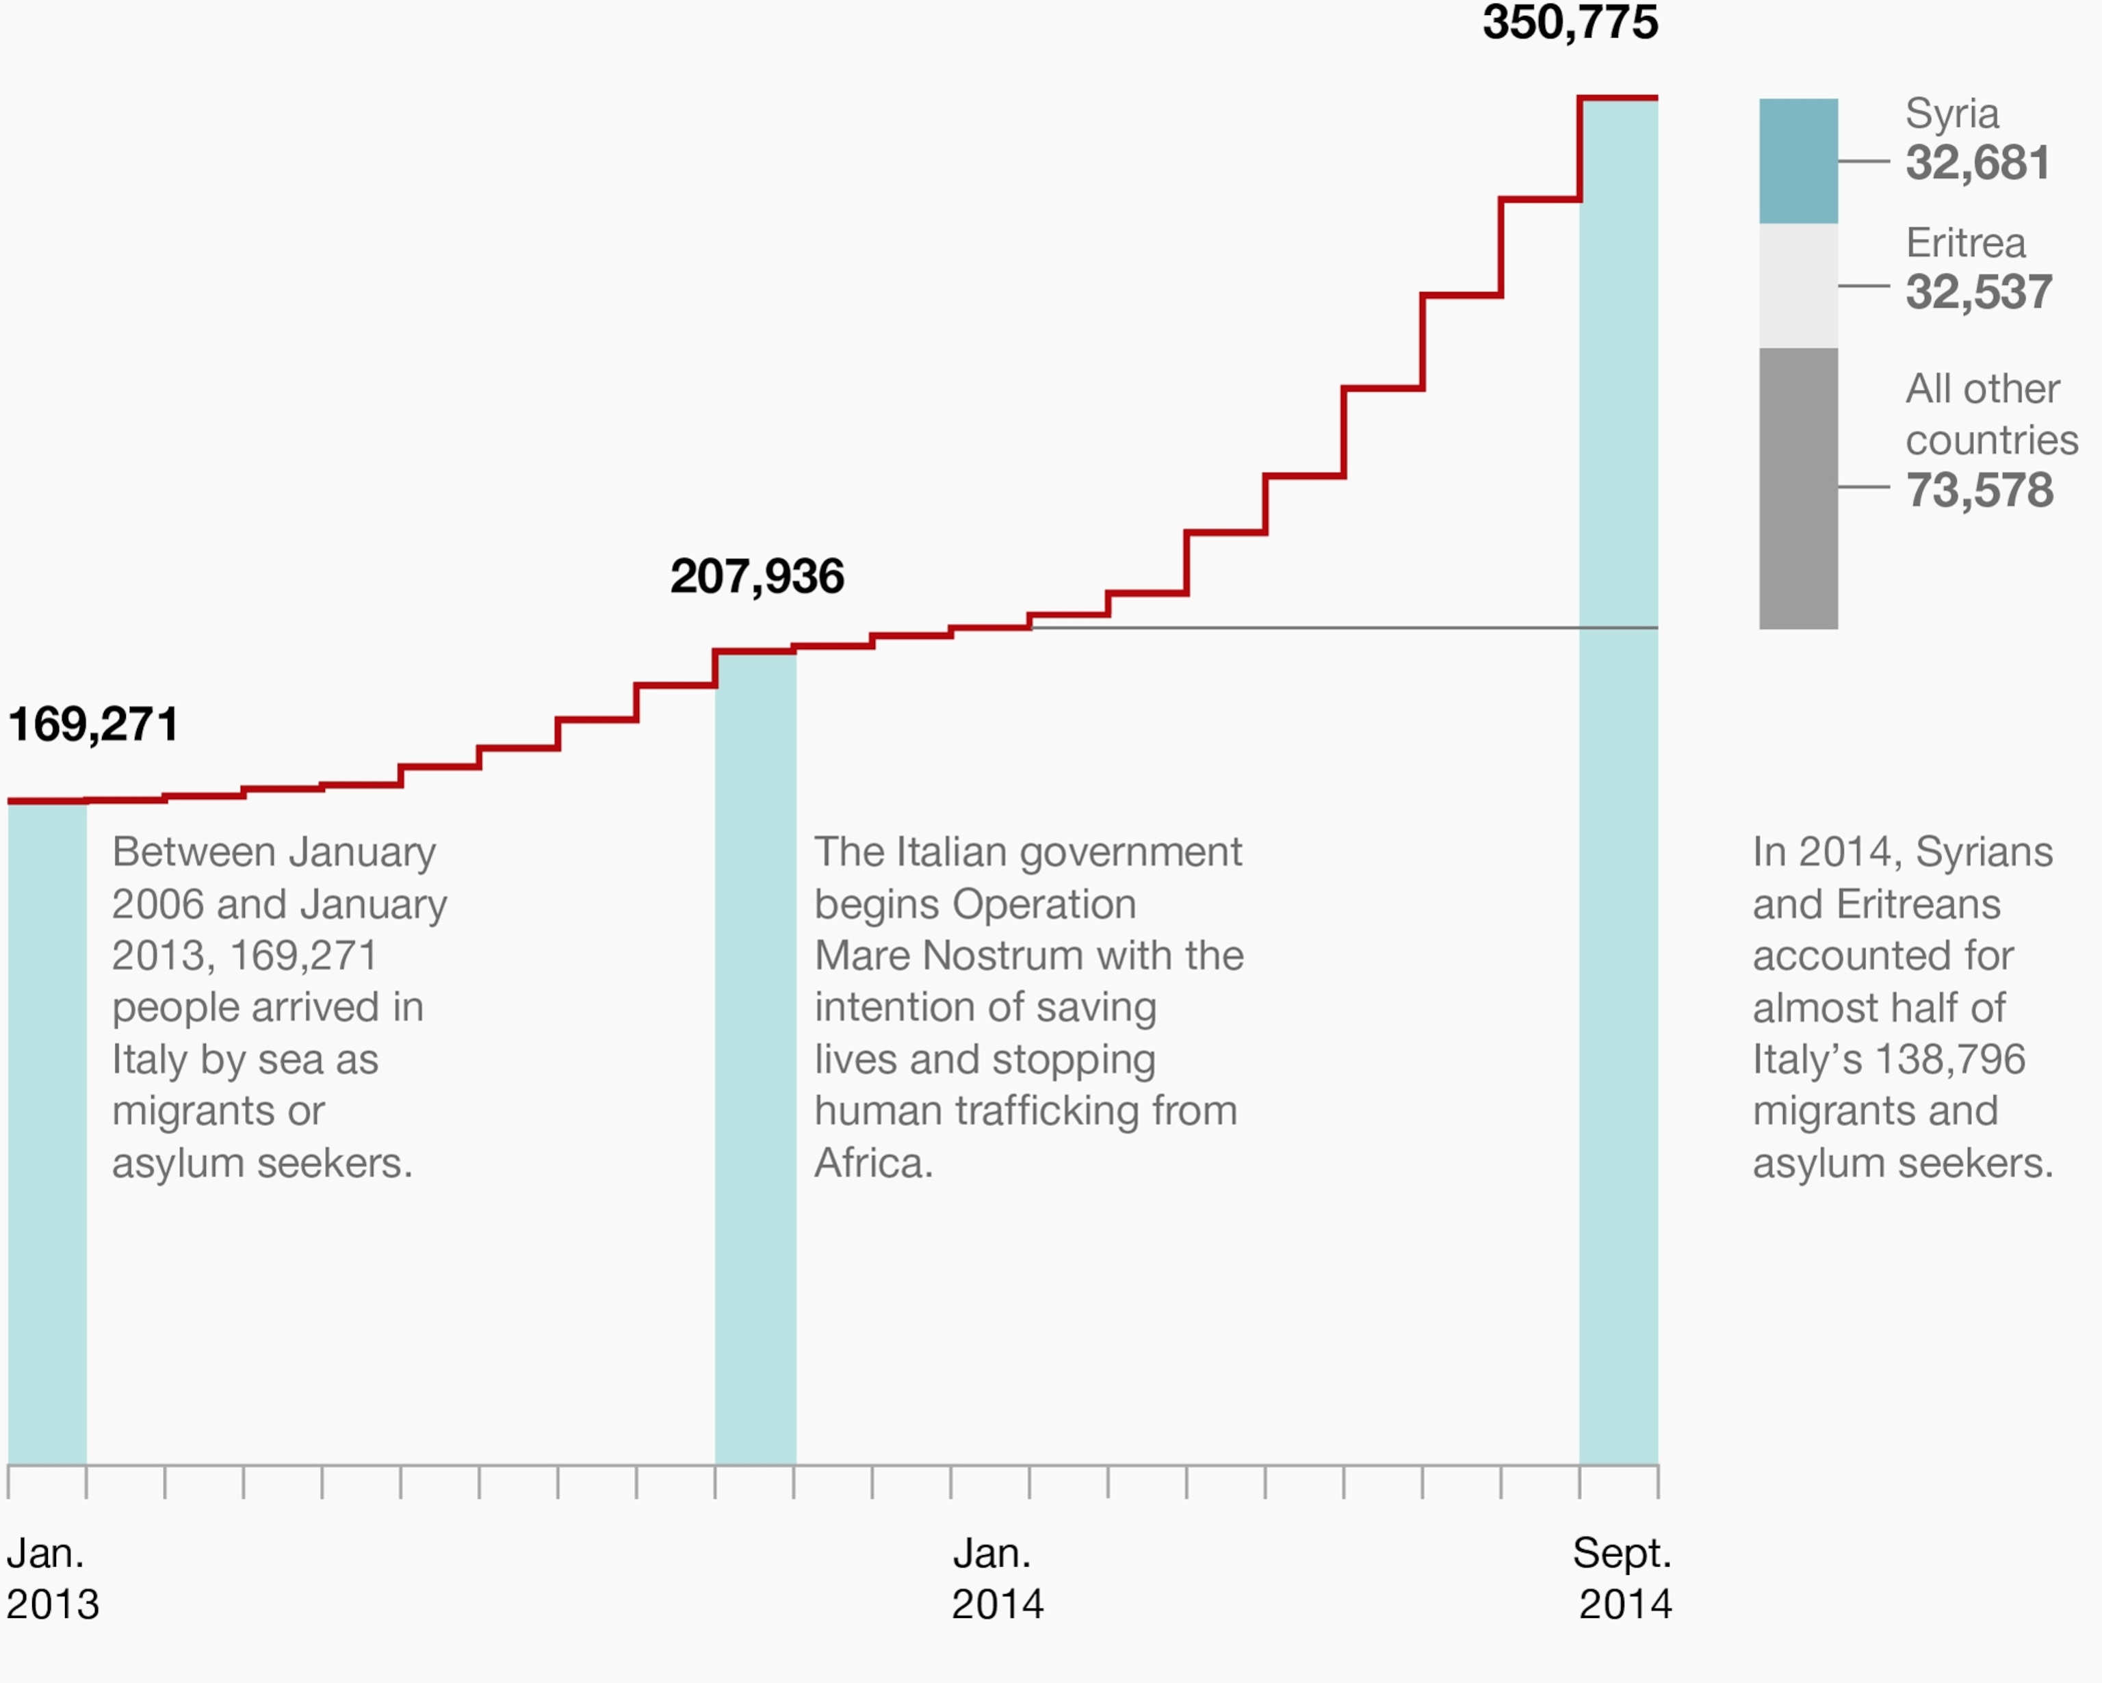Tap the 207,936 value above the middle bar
(x=757, y=576)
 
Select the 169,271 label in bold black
(x=92, y=725)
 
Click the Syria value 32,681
(x=1977, y=163)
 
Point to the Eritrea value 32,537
(x=1978, y=291)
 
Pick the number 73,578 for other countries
(x=1979, y=489)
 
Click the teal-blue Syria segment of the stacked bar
(x=1798, y=161)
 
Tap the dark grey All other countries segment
(x=1798, y=488)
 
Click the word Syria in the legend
(x=1952, y=114)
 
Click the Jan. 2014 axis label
(x=996, y=1578)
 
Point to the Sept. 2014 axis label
(x=1622, y=1578)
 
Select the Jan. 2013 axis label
(x=52, y=1578)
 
